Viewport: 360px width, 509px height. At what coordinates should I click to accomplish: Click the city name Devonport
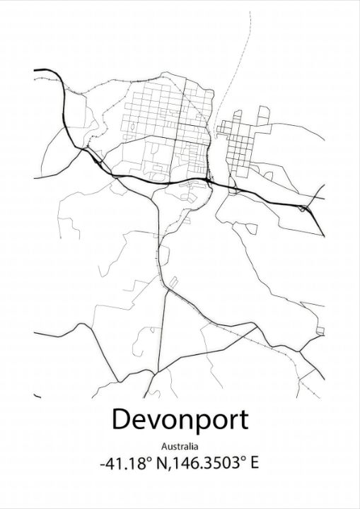click(180, 420)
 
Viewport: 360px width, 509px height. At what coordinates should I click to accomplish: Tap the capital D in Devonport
click(120, 419)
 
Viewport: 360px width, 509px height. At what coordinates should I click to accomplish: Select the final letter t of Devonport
click(243, 420)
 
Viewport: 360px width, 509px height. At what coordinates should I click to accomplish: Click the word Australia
click(180, 446)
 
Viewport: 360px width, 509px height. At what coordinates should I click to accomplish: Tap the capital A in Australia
click(164, 446)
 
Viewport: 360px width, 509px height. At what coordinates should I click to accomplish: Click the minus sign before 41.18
click(103, 465)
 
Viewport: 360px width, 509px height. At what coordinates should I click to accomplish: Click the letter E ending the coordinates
click(254, 464)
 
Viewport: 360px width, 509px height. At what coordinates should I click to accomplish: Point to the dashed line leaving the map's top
click(248, 42)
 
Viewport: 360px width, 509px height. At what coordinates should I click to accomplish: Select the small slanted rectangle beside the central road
click(172, 283)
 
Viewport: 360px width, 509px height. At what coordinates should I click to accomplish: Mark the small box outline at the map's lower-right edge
click(320, 331)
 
